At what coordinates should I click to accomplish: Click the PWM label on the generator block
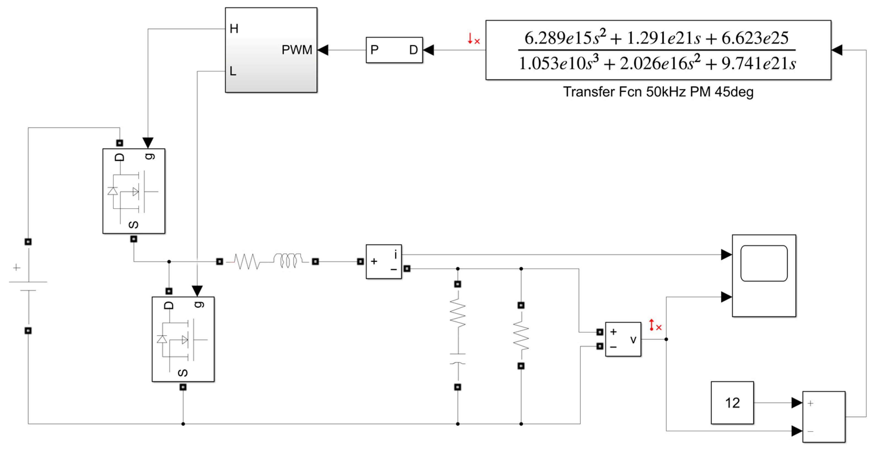[x=297, y=50]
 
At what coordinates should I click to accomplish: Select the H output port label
[x=234, y=29]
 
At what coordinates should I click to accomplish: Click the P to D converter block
[x=394, y=50]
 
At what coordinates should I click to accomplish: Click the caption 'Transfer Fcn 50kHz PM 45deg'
[x=658, y=92]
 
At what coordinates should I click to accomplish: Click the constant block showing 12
[x=732, y=402]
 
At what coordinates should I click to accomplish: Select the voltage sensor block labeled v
[x=623, y=339]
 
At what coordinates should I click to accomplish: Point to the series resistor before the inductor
[x=247, y=262]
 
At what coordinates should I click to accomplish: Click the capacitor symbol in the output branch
[x=457, y=358]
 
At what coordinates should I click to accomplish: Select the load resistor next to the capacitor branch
[x=521, y=336]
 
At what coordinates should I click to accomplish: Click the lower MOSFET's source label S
[x=183, y=373]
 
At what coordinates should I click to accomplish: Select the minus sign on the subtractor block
[x=811, y=431]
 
